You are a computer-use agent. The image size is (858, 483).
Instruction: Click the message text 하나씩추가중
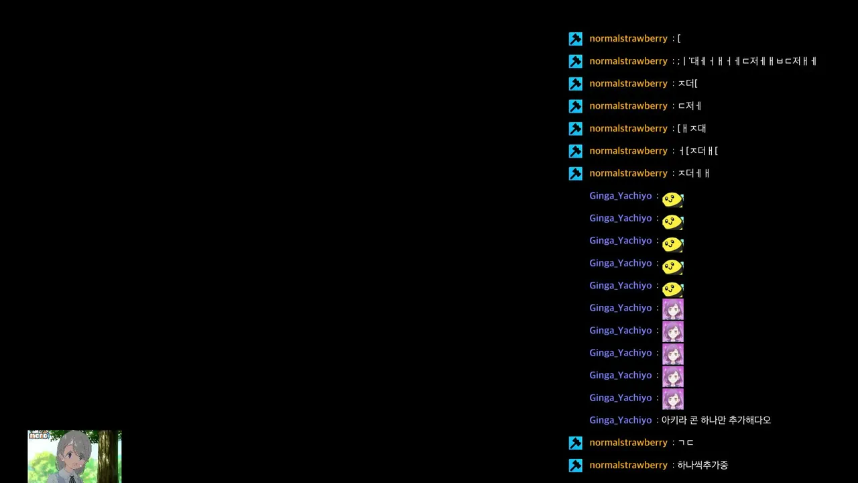702,465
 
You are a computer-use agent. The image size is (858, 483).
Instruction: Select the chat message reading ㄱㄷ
686,442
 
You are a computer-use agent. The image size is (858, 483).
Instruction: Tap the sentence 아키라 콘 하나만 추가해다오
716,420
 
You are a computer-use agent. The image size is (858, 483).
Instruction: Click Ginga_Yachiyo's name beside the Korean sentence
620,420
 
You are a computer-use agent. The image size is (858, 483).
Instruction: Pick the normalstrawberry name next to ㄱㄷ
628,442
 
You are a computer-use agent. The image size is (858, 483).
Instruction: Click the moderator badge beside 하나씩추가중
575,466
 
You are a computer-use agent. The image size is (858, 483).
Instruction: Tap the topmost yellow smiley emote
672,199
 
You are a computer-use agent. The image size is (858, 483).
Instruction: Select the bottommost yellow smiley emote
672,289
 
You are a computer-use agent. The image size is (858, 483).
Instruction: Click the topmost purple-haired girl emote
673,309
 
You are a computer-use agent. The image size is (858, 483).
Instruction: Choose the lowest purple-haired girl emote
673,399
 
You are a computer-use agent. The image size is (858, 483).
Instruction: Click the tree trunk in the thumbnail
108,456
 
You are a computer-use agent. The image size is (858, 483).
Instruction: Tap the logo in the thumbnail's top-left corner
39,435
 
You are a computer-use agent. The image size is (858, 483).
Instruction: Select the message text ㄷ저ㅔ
690,106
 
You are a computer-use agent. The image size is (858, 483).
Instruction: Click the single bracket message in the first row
679,38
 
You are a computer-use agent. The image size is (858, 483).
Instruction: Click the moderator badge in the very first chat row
575,39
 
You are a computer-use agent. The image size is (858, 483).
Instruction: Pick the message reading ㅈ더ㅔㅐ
694,173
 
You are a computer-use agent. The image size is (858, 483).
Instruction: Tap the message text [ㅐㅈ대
692,128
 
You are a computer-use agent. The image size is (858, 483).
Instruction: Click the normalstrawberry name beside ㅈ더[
628,83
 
